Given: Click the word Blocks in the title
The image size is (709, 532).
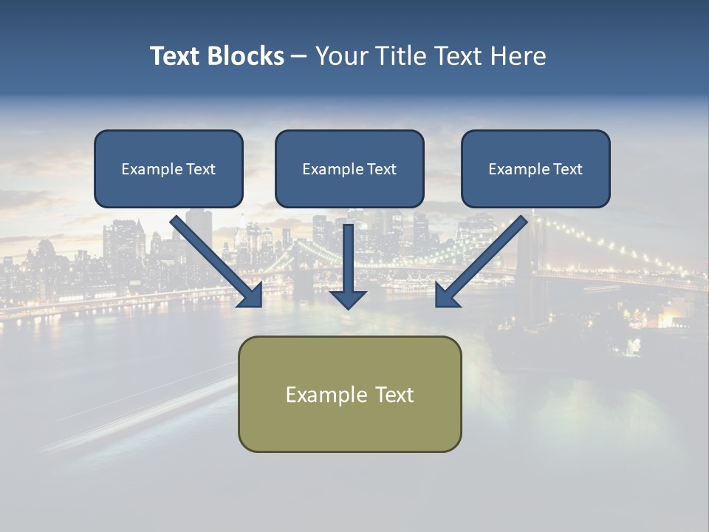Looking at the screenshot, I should [x=245, y=56].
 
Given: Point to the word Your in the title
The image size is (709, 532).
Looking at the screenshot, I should [x=342, y=56].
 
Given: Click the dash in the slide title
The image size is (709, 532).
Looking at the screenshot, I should [x=299, y=57].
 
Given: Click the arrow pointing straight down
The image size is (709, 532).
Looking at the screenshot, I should [x=348, y=266].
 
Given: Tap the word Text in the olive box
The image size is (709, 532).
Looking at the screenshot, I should [x=394, y=395].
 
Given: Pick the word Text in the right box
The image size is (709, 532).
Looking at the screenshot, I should [x=567, y=169].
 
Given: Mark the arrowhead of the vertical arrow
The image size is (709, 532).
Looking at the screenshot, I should [x=348, y=299].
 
